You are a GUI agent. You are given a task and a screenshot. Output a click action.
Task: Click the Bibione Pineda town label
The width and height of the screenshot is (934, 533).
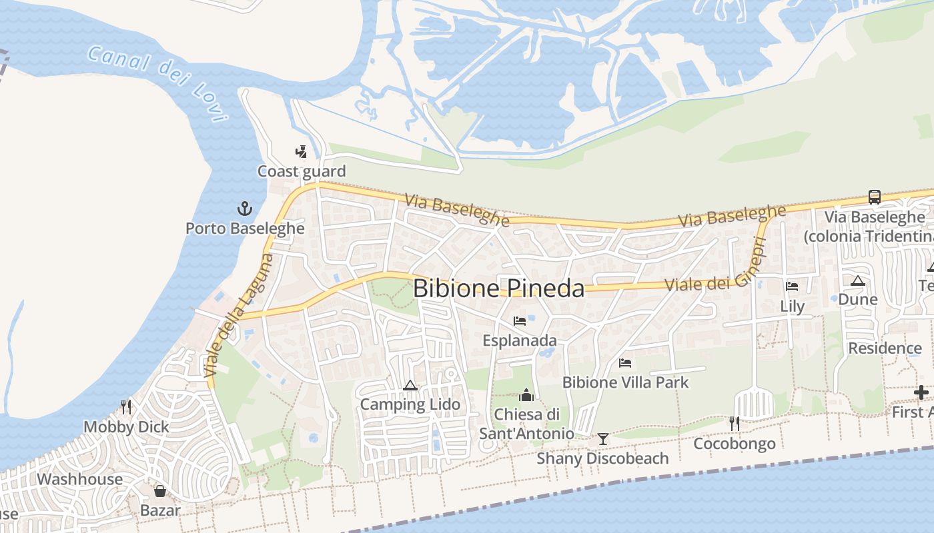498,288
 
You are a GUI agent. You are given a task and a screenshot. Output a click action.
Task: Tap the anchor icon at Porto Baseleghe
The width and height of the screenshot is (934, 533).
245,209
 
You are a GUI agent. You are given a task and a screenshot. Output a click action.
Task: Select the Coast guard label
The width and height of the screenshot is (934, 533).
302,171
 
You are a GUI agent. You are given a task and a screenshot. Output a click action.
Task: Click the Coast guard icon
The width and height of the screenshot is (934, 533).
302,152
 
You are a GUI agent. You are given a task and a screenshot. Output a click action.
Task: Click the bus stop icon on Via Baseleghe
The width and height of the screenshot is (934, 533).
874,197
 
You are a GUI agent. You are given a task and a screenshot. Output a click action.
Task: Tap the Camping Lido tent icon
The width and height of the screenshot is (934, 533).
410,385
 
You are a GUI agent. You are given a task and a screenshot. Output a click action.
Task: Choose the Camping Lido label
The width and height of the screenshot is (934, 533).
410,404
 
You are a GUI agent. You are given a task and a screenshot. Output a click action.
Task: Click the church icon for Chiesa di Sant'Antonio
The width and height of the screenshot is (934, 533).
526,395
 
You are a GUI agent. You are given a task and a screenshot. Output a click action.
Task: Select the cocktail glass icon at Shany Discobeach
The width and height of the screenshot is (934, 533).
603,438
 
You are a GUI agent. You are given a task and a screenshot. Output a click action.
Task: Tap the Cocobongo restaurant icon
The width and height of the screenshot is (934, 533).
735,424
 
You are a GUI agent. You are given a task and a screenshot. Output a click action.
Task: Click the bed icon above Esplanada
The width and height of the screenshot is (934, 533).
520,321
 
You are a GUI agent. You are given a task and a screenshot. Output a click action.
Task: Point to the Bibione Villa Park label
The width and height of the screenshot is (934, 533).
625,382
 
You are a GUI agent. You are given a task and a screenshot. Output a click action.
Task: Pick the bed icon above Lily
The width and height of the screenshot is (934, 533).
792,286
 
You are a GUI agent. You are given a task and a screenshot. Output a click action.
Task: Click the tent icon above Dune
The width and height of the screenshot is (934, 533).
858,280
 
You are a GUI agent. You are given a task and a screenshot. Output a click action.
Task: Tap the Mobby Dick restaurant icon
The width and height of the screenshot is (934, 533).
125,406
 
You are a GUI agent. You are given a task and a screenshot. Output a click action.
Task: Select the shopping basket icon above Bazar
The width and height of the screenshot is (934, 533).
160,491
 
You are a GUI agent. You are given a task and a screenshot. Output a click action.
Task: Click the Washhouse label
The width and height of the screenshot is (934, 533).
80,479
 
